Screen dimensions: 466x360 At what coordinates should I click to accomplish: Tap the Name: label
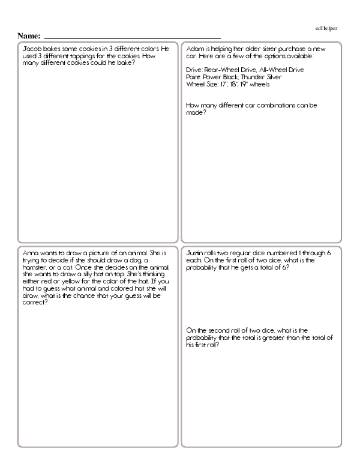click(29, 37)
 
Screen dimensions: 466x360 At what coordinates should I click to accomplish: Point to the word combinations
click(278, 105)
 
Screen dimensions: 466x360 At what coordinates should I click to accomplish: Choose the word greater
click(272, 337)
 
